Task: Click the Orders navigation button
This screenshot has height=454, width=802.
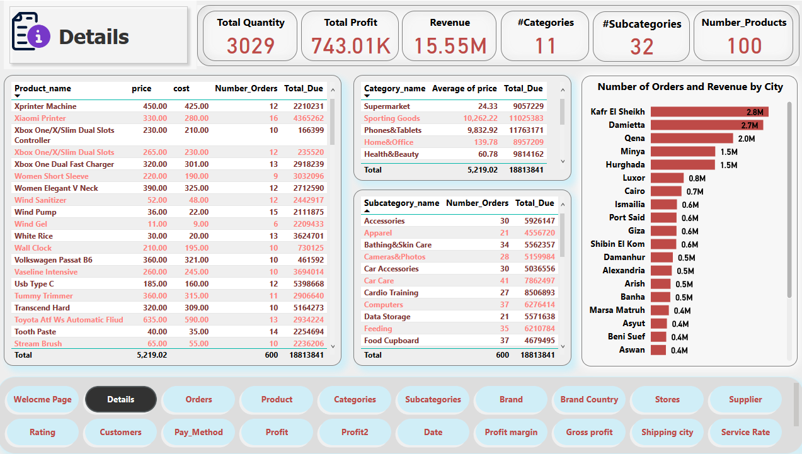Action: (198, 399)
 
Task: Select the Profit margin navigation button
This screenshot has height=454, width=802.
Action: (511, 432)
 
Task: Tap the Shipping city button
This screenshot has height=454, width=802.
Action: (667, 432)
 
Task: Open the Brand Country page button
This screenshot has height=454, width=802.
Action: (589, 399)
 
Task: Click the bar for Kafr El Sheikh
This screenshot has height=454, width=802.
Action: (709, 111)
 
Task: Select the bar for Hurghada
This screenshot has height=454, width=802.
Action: (682, 164)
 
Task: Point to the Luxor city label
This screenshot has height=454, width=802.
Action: (633, 178)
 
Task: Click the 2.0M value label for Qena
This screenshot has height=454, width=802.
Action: (746, 139)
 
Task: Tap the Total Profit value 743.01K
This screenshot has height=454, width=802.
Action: (351, 46)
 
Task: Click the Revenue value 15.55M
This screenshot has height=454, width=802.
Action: (450, 46)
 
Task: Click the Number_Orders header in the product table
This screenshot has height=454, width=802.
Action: (243, 89)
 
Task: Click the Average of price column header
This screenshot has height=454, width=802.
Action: (464, 89)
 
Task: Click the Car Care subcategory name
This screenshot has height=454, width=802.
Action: (379, 281)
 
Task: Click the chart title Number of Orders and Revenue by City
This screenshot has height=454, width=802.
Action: (690, 87)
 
